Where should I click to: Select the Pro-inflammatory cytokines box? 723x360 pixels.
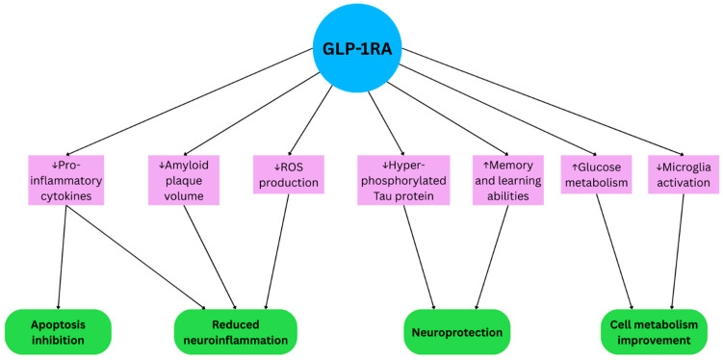click(x=65, y=180)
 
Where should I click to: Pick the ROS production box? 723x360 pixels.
click(x=289, y=174)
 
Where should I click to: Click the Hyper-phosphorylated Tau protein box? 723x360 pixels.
click(x=403, y=180)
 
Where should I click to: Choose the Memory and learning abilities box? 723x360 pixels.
click(x=507, y=180)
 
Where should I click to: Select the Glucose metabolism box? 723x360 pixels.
click(x=597, y=174)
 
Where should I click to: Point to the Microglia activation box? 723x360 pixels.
click(x=684, y=174)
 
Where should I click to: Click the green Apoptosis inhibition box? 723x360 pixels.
click(x=58, y=332)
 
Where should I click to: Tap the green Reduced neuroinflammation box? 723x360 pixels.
click(x=235, y=332)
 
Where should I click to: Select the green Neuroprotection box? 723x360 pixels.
click(x=457, y=332)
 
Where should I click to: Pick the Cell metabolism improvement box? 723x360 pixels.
click(x=654, y=332)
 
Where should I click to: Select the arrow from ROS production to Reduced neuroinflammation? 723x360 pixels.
click(x=277, y=251)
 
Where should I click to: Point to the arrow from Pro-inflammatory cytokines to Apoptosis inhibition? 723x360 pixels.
click(x=63, y=257)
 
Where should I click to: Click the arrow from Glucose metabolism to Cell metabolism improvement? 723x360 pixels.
click(x=614, y=251)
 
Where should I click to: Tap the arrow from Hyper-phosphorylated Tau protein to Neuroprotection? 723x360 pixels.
click(x=419, y=257)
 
